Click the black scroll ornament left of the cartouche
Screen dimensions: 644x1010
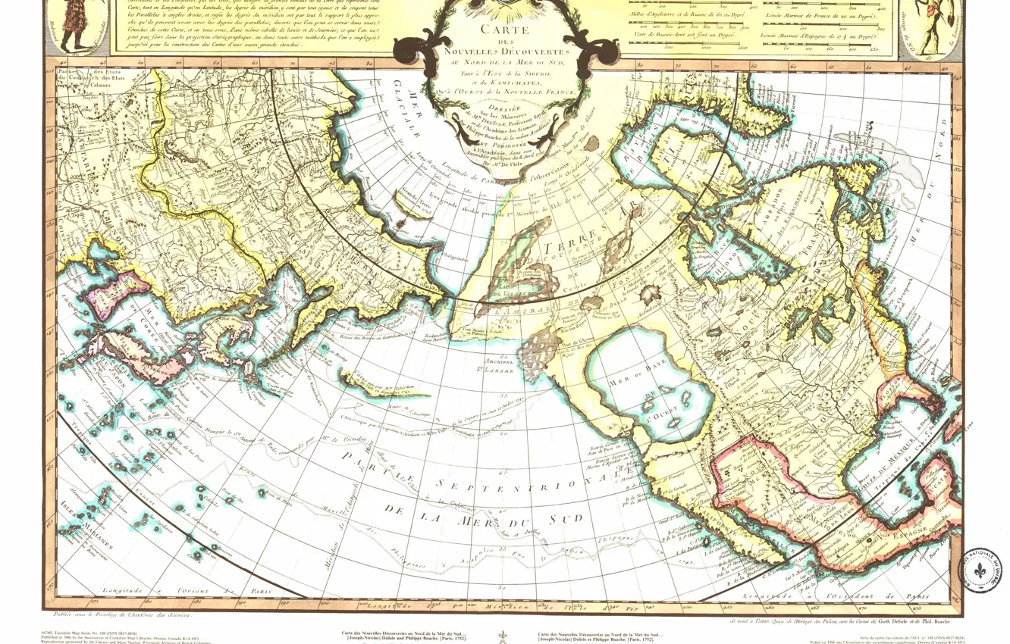pos(416,52)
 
